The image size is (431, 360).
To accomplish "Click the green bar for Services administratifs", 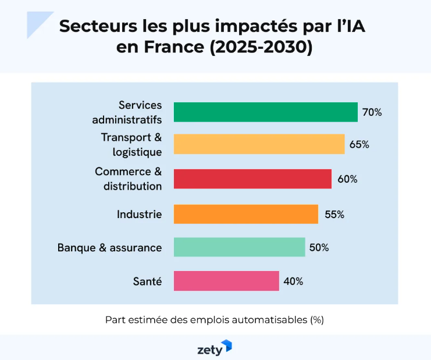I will tap(265, 112).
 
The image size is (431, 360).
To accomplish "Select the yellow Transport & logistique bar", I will tap(259, 144).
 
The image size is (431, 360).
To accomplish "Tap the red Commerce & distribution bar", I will tap(252, 179).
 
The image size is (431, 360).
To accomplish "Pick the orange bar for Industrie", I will tap(245, 214).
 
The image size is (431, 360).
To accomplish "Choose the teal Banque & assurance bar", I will tap(239, 247).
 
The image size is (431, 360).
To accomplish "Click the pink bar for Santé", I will tap(226, 281).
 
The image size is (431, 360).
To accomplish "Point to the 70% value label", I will tap(372, 112).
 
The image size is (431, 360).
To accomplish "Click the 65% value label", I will tap(359, 144).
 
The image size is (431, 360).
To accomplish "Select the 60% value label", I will tap(347, 179).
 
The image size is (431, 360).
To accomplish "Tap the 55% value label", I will tap(334, 214).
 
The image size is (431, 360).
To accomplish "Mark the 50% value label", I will tap(319, 247).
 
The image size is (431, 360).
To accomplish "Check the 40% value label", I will tap(293, 281).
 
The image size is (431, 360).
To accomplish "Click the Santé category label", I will tap(147, 281).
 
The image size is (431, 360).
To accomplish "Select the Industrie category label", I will tap(139, 214).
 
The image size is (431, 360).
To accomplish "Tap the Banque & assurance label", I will tap(109, 247).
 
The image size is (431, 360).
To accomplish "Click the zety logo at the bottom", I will tap(215, 348).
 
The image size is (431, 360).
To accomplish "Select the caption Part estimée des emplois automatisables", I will tap(214, 319).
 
